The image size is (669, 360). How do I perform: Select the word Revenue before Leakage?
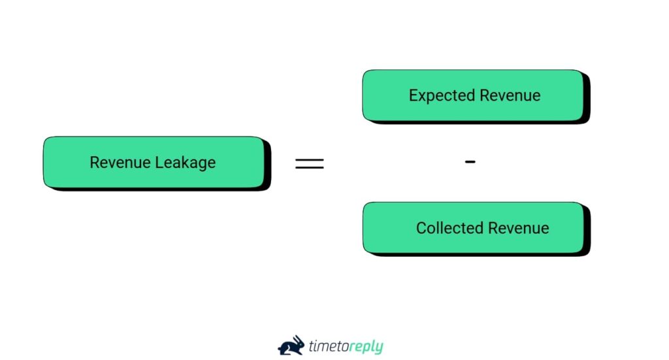coord(119,163)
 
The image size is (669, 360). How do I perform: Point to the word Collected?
coord(448,229)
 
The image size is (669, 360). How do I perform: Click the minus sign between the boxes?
coord(470,161)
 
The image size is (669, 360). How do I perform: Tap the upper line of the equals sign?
coord(309,159)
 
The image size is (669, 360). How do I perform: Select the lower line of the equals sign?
coord(309,167)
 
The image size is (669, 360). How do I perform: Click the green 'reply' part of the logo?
coord(366,346)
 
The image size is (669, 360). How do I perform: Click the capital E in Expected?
coord(414,95)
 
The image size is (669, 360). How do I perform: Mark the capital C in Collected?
coord(421,229)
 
